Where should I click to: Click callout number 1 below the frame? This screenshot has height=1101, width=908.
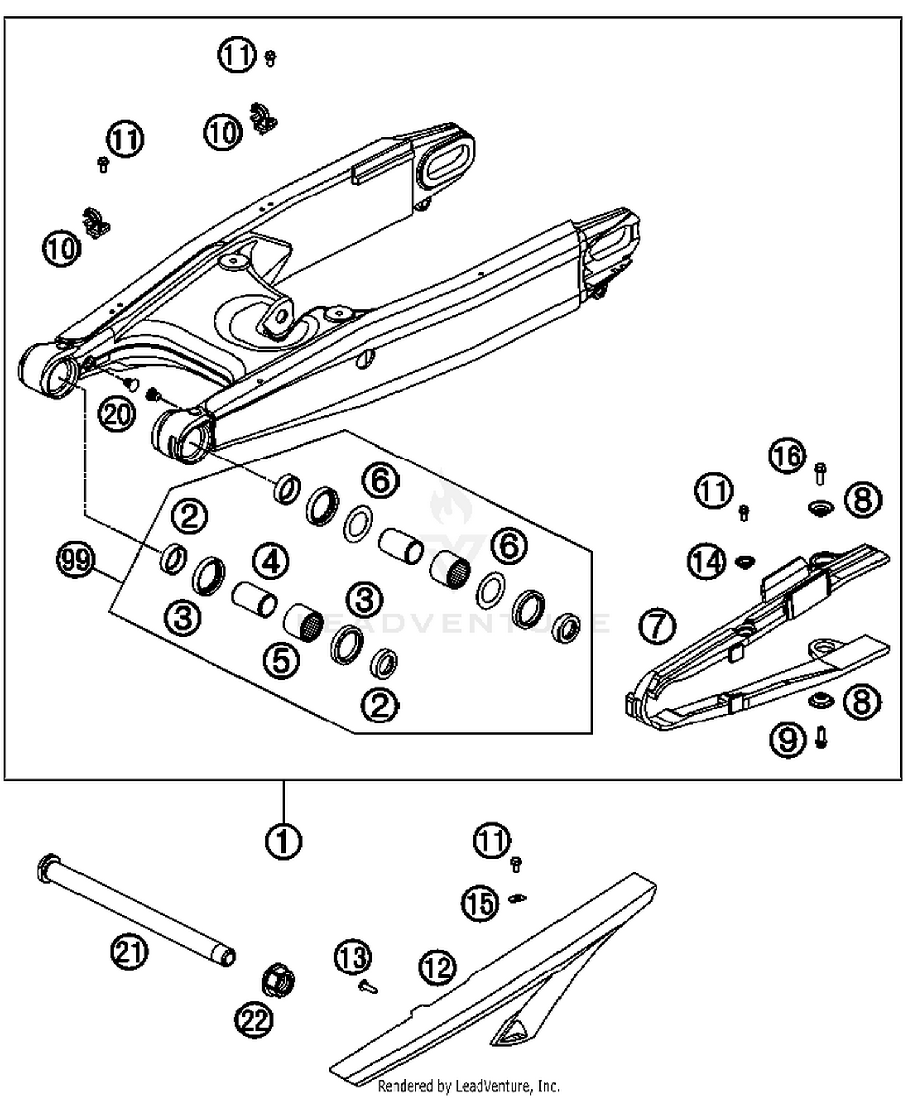283,841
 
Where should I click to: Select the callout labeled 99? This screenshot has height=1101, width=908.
76,560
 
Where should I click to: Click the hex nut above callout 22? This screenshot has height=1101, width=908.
278,980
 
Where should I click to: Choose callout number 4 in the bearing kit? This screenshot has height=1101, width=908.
270,562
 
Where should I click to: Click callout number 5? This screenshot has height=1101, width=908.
281,659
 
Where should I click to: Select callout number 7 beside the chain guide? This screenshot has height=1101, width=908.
657,626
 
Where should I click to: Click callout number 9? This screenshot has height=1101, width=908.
788,740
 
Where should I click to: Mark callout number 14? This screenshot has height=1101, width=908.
706,561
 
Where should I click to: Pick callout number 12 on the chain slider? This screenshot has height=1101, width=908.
437,967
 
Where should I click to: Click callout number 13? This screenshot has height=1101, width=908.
353,958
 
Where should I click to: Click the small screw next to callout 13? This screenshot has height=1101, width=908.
367,988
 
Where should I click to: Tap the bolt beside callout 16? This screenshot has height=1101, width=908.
820,473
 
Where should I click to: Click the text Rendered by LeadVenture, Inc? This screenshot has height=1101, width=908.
469,1086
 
